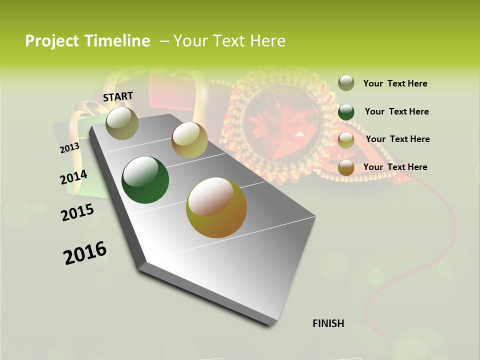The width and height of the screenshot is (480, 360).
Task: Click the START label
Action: click(x=118, y=96)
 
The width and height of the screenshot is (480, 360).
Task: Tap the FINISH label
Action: click(x=328, y=323)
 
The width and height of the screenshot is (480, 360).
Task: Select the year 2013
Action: click(x=70, y=148)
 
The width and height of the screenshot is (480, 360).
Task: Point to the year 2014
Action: click(x=73, y=177)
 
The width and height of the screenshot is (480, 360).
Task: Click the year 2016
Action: click(x=85, y=253)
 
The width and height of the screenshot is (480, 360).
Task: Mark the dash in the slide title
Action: click(x=164, y=41)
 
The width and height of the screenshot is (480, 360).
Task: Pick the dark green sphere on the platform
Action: click(x=145, y=180)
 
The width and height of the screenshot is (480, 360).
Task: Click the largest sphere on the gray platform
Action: click(x=216, y=207)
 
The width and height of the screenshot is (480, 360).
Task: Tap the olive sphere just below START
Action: click(x=122, y=123)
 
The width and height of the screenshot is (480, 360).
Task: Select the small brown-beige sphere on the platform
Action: click(x=189, y=140)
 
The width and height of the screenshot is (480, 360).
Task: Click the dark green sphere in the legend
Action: click(x=346, y=112)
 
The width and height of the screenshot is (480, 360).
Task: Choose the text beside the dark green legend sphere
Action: click(x=396, y=111)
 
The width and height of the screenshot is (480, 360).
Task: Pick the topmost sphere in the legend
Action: click(x=346, y=83)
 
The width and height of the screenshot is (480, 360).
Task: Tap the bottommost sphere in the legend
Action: click(x=346, y=168)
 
